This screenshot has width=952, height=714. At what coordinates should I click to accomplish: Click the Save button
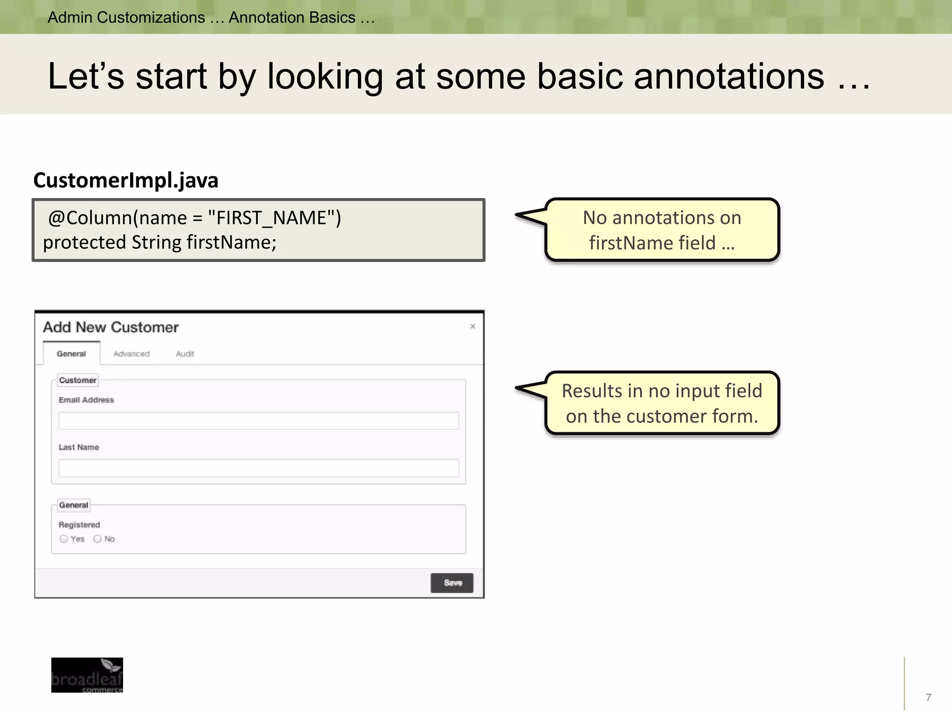point(452,583)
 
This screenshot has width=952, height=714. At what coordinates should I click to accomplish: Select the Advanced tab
point(132,354)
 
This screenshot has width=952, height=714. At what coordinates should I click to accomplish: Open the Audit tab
point(185,354)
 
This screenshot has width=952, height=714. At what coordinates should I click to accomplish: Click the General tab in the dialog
point(71,354)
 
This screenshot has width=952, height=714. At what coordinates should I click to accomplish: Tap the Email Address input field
point(258,421)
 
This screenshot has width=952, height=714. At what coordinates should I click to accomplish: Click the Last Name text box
point(258,468)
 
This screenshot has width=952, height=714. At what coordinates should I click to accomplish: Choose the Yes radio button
point(64,539)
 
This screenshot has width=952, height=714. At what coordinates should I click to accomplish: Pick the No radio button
point(98,539)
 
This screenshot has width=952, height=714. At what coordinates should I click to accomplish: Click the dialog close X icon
point(472,326)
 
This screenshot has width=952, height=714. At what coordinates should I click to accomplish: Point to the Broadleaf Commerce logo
point(87,675)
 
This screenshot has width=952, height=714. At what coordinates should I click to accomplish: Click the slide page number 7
point(928,697)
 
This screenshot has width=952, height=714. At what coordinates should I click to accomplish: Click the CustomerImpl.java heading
point(126,180)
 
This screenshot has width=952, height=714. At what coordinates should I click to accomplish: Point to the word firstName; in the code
point(231,243)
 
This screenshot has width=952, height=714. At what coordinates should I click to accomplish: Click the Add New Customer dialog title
point(111,327)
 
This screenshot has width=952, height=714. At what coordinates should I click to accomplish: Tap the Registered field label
point(79,525)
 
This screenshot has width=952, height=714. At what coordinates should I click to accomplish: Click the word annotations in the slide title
point(728,76)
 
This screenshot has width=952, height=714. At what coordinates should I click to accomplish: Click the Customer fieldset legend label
point(78,380)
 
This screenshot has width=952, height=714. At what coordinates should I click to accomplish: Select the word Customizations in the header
point(151,18)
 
